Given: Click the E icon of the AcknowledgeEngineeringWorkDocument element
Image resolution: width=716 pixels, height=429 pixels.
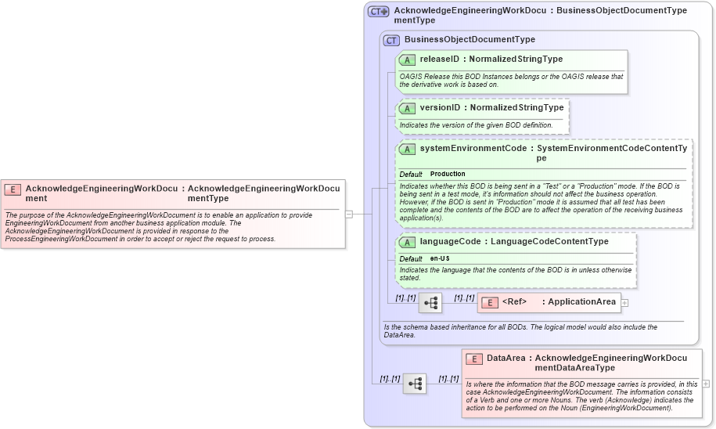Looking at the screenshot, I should click(x=13, y=189).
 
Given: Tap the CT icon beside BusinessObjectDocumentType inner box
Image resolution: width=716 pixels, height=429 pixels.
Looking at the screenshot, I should click(x=391, y=40).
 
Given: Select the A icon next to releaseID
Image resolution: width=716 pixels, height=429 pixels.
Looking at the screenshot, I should click(x=407, y=59).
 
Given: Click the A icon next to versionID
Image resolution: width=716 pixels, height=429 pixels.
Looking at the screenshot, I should click(x=407, y=108).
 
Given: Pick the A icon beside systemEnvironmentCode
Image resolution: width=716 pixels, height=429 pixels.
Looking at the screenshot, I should click(x=407, y=149).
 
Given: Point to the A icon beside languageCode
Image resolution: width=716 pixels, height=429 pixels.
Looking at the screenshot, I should click(x=407, y=242).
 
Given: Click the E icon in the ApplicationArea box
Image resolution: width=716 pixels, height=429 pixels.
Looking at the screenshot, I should click(x=489, y=302).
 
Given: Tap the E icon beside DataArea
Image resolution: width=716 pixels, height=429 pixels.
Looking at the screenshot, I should click(x=473, y=359).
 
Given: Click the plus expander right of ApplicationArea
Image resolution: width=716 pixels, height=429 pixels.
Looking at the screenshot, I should click(x=624, y=302).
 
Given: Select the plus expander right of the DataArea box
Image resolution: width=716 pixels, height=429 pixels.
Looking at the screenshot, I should click(x=706, y=384).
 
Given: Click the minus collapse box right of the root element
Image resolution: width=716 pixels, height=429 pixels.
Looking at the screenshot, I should click(x=349, y=213).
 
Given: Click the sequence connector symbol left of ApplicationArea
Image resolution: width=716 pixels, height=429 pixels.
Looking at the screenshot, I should click(x=430, y=302).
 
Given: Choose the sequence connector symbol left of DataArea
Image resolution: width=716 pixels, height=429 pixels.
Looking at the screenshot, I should click(x=415, y=384).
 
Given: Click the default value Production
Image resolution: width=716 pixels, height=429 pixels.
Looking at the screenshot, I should click(x=448, y=174).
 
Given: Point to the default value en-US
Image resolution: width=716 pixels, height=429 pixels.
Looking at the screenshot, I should click(x=440, y=258).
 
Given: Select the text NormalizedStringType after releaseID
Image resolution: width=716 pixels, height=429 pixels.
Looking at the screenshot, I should click(x=516, y=59).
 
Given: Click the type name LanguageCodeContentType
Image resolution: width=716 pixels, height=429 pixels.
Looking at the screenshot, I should click(x=549, y=241).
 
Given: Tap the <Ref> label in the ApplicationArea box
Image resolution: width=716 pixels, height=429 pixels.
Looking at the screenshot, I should click(x=514, y=302).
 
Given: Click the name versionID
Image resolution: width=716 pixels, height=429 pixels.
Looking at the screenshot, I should click(x=440, y=107).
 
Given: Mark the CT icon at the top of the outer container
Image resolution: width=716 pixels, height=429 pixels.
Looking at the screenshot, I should click(x=379, y=12).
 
